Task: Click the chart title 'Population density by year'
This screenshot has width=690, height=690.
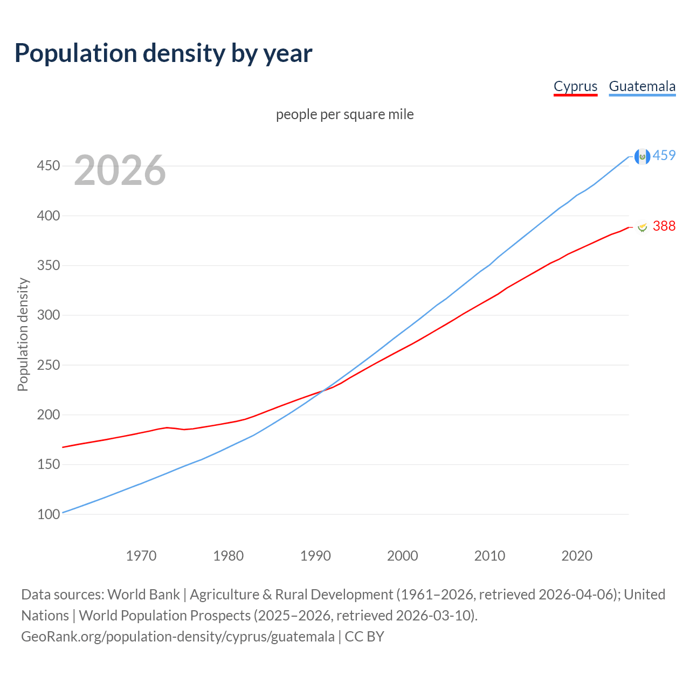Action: click(163, 53)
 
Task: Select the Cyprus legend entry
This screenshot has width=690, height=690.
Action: click(575, 86)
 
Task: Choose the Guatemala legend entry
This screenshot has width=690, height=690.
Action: click(642, 86)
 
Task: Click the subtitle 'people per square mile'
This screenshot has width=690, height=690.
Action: click(344, 114)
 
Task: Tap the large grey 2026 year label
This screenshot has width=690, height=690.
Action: click(120, 170)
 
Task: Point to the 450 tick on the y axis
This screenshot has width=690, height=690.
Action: click(48, 165)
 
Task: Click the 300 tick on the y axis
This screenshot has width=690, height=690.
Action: click(48, 315)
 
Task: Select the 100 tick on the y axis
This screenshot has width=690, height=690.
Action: click(48, 514)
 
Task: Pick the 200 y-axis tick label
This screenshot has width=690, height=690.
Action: click(48, 415)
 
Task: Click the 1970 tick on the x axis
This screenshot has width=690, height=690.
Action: click(141, 555)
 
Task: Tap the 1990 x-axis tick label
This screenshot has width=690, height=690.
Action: click(315, 555)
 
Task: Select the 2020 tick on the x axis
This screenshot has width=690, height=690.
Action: click(577, 555)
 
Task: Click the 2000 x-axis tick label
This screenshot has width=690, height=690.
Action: click(403, 555)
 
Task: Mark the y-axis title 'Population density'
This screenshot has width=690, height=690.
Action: click(23, 334)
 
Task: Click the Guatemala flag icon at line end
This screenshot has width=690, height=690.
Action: click(642, 156)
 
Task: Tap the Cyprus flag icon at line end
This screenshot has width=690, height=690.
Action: click(642, 227)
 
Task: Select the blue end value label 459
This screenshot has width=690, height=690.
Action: click(664, 156)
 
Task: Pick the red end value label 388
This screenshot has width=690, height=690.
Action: click(664, 226)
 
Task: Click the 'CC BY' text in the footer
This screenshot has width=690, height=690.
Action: click(364, 637)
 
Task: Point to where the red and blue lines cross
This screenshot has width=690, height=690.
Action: click(322, 391)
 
